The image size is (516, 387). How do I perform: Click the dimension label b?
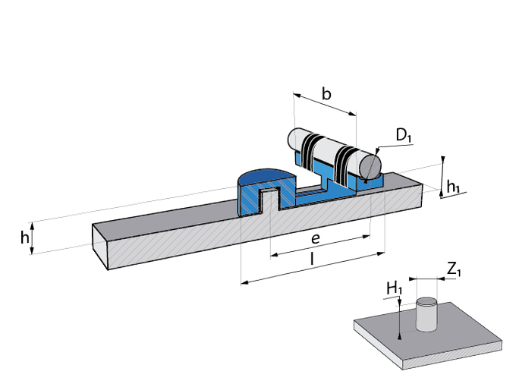(x=326, y=94)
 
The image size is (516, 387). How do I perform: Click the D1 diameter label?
(x=403, y=137)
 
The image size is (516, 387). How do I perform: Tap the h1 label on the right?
(x=453, y=185)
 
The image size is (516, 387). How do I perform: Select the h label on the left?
(x=25, y=238)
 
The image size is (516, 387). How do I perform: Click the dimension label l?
(x=313, y=260)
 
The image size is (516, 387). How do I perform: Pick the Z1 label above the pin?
(x=452, y=268)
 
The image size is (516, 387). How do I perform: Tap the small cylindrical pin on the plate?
(x=427, y=314)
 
